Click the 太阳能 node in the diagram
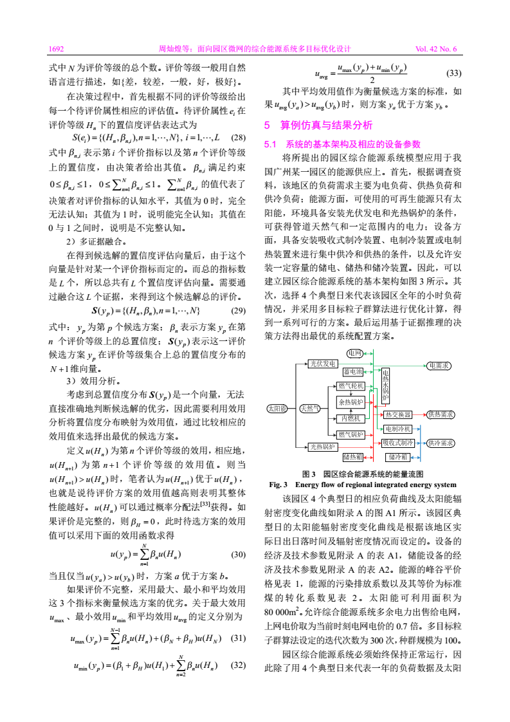(278, 408)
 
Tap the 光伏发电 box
(322, 364)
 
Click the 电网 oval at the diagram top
(354, 353)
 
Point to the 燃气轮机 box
(351, 386)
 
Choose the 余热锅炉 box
(351, 402)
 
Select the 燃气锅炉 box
(351, 435)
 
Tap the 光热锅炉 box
(322, 446)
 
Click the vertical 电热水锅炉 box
(385, 385)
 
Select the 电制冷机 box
(397, 429)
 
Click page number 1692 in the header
(57, 48)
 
